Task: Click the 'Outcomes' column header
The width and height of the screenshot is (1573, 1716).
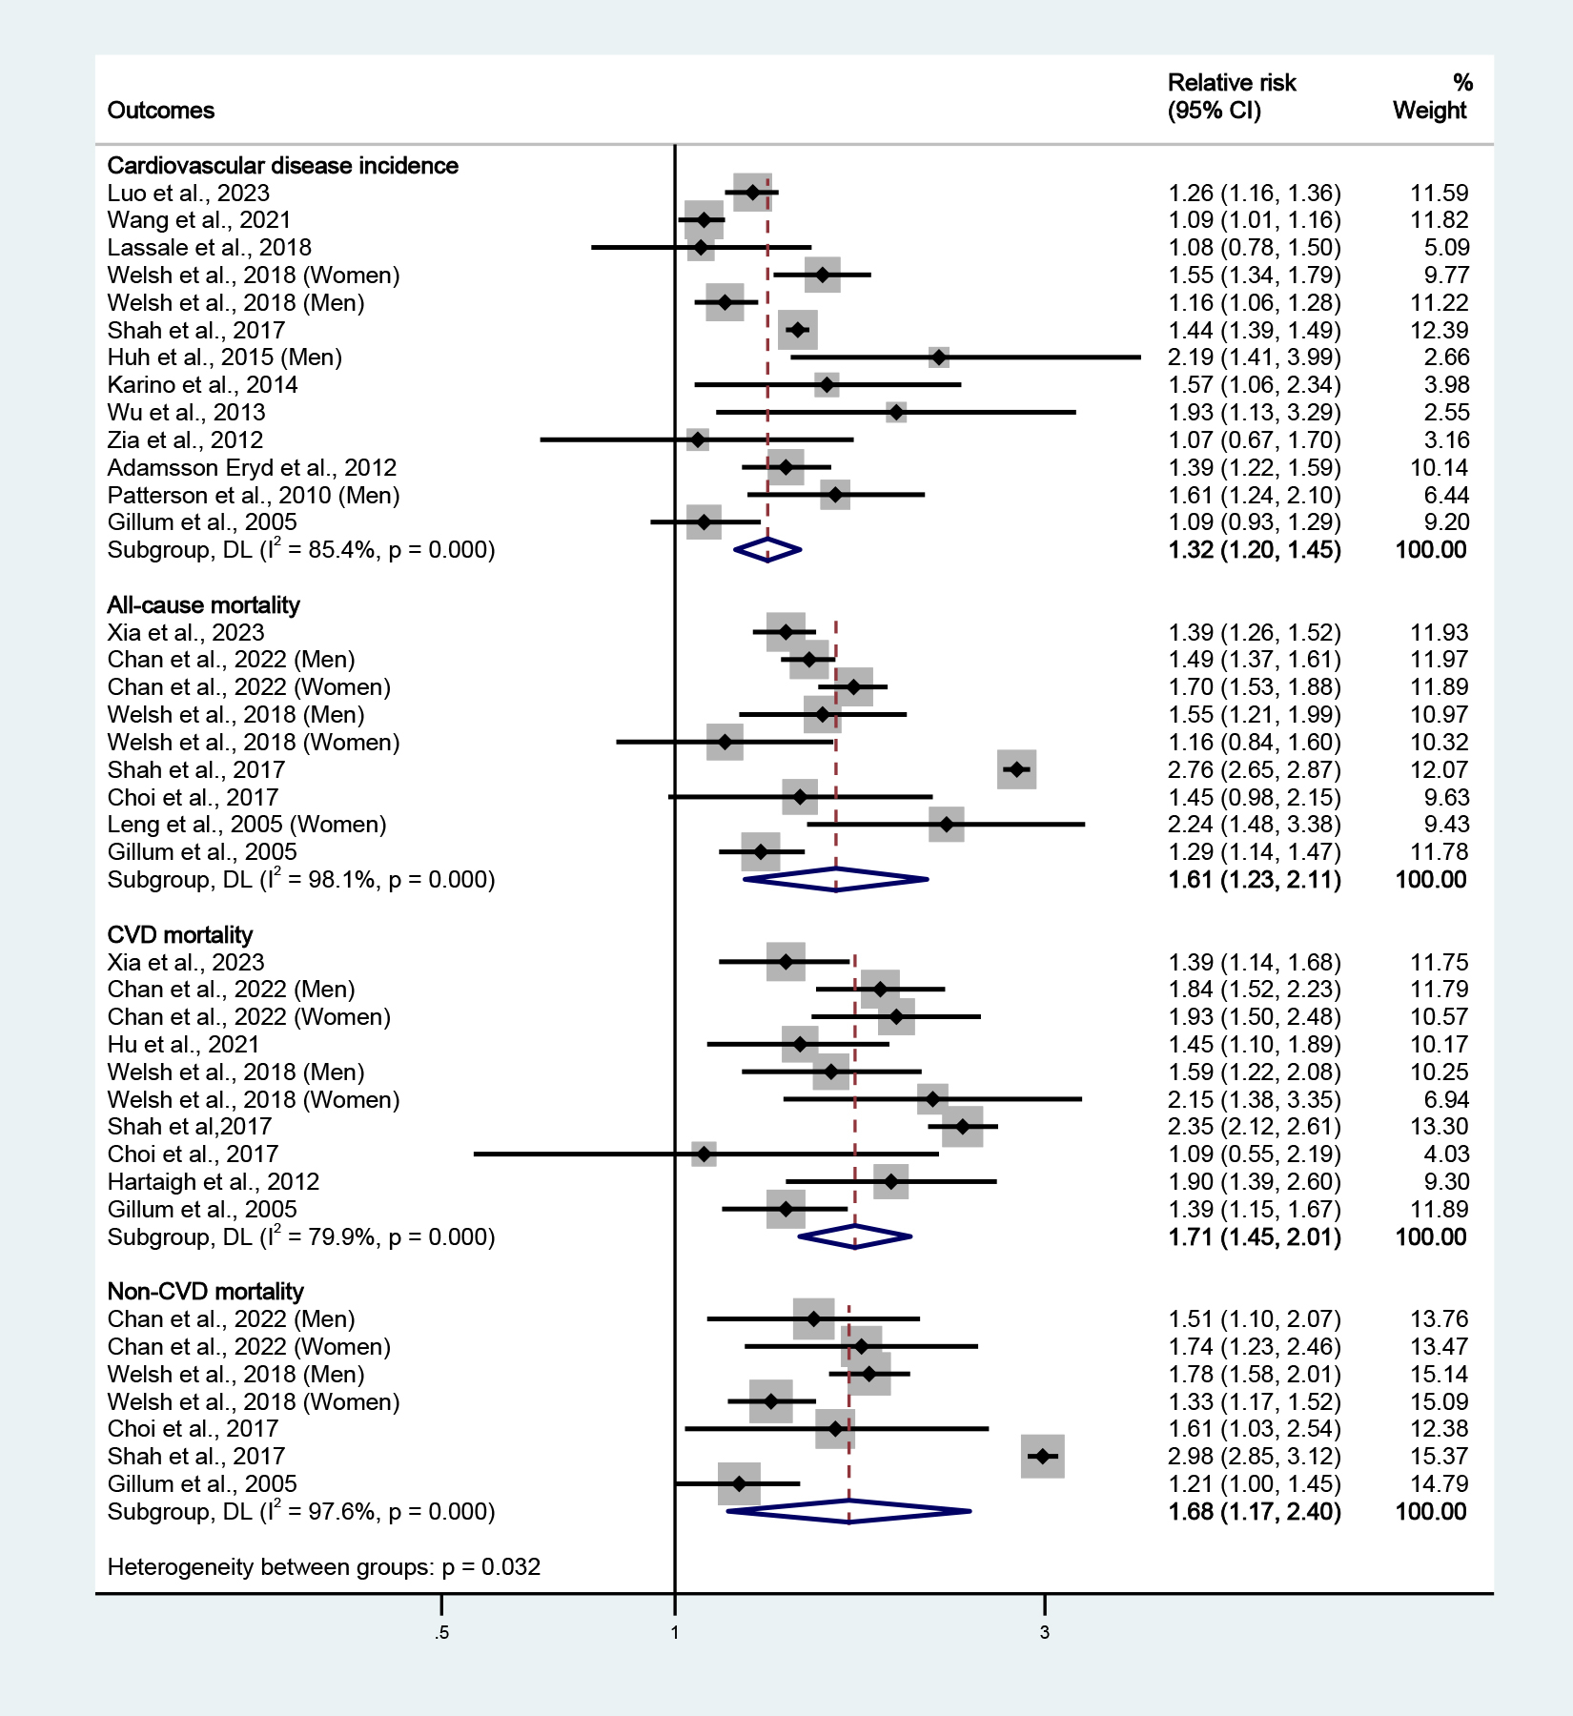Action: (160, 111)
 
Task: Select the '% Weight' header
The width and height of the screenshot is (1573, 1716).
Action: (1430, 97)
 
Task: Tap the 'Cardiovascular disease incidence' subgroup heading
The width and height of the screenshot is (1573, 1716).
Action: (282, 166)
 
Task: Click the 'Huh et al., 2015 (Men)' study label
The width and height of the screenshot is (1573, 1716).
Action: (224, 357)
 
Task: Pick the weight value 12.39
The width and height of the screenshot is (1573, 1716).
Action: (1440, 331)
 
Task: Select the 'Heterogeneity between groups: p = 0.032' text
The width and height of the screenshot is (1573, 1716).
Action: (323, 1567)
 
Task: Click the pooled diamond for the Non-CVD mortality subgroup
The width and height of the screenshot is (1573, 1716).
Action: (848, 1511)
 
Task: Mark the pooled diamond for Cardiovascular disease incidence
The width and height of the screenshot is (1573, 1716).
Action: (767, 550)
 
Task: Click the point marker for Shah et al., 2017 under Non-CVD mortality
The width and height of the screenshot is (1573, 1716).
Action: (1042, 1457)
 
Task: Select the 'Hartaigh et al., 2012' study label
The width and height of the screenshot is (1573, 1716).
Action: (213, 1182)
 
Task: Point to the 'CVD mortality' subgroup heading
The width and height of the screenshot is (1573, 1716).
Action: (179, 935)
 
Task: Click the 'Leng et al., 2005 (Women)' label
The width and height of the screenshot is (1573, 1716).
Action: (246, 825)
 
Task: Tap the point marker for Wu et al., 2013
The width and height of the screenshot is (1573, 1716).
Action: (895, 413)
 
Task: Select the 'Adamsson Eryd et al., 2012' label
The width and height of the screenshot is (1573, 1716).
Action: (252, 468)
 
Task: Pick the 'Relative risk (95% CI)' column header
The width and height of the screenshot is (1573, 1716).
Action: (1231, 97)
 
